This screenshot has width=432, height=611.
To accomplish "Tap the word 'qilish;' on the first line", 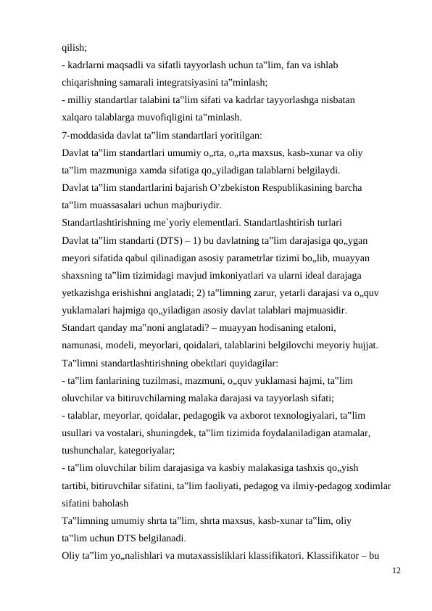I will click(74, 47).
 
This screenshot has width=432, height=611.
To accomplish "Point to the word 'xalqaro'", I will click(78, 117).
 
